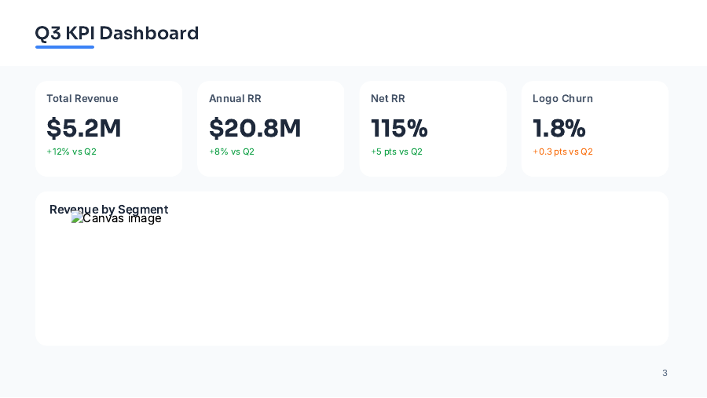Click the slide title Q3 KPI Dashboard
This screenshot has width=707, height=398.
116,33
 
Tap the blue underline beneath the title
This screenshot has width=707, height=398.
64,47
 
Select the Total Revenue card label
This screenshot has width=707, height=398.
82,98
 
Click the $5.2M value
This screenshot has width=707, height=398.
84,128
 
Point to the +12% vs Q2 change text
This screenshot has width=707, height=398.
71,152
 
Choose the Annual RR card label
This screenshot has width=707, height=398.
235,98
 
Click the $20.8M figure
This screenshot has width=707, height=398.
255,128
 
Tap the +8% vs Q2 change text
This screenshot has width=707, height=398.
232,152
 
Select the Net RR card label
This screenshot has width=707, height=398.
388,98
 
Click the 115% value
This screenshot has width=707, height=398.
399,128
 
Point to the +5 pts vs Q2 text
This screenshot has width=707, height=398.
397,152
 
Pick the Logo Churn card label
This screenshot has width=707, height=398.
562,98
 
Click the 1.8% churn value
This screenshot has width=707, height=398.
559,128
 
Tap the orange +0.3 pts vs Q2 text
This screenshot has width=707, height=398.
562,152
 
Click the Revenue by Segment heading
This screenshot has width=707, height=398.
108,208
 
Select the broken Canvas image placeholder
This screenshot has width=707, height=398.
116,219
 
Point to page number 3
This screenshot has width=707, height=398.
665,373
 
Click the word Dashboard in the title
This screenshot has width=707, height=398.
148,33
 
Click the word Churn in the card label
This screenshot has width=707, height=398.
577,98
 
